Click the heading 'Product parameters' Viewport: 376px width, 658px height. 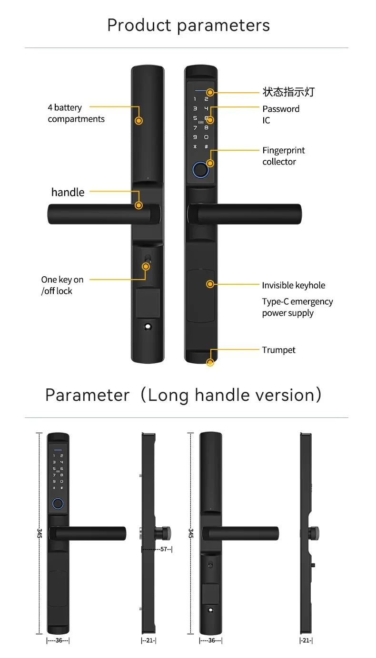tap(188, 25)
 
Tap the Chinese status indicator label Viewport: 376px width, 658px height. tap(288, 92)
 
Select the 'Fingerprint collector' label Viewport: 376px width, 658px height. tap(283, 156)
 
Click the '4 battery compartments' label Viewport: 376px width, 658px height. tap(76, 114)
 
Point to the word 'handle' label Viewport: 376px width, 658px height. tap(68, 192)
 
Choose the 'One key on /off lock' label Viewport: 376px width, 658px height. tap(62, 285)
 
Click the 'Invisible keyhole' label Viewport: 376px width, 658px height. tap(293, 285)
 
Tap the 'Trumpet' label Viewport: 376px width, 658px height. tap(278, 350)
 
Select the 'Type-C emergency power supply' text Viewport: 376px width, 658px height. tap(297, 307)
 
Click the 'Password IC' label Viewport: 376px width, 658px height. tap(280, 115)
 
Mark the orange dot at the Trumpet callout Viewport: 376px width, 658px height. tap(210, 363)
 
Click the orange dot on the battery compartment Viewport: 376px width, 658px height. tap(139, 121)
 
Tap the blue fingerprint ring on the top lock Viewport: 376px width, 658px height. tap(200, 169)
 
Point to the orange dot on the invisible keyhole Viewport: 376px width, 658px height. tap(210, 284)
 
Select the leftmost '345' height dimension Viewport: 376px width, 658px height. tap(39, 533)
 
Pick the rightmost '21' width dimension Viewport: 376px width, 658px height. tap(306, 640)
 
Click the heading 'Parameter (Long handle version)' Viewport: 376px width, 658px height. tap(183, 395)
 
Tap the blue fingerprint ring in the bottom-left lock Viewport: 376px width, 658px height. tap(57, 503)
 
